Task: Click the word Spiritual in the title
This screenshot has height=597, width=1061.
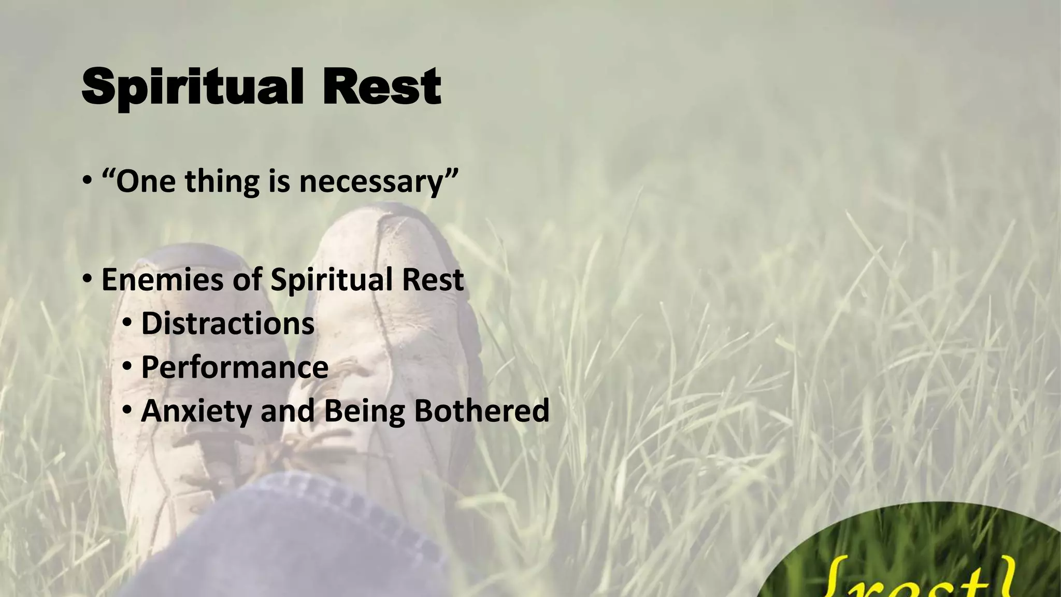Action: pyautogui.click(x=192, y=87)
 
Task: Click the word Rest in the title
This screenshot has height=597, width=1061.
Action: pyautogui.click(x=381, y=87)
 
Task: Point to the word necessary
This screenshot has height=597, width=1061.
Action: pyautogui.click(x=371, y=182)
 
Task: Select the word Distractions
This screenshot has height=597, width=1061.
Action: pyautogui.click(x=227, y=323)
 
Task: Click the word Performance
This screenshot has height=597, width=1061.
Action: pyautogui.click(x=234, y=367)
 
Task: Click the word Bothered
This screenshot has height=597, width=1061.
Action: pyautogui.click(x=481, y=410)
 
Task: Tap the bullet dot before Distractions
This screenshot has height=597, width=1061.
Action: pyautogui.click(x=127, y=324)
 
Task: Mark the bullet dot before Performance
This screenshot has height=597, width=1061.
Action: pyautogui.click(x=127, y=367)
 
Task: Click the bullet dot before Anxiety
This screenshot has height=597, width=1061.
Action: pyautogui.click(x=127, y=411)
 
